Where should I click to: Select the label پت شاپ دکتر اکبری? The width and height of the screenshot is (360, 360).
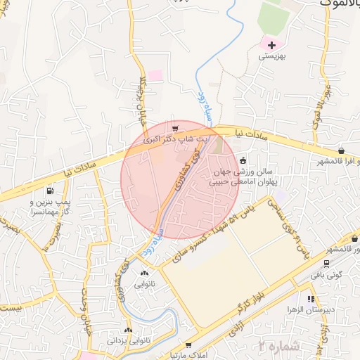pos(176,140)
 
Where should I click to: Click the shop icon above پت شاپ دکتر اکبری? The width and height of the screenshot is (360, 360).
pos(175,129)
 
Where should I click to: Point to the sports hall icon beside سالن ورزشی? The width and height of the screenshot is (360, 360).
pos(243,160)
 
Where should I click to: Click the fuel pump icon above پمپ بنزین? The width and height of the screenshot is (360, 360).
pos(50,191)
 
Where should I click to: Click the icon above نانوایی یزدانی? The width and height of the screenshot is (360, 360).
pos(128,330)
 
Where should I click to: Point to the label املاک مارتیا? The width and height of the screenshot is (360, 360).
pos(189,356)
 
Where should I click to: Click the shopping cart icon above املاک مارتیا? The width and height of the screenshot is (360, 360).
pos(188,345)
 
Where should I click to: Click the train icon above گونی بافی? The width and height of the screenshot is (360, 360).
pos(327,264)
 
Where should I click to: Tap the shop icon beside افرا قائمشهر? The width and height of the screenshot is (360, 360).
pos(341,150)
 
